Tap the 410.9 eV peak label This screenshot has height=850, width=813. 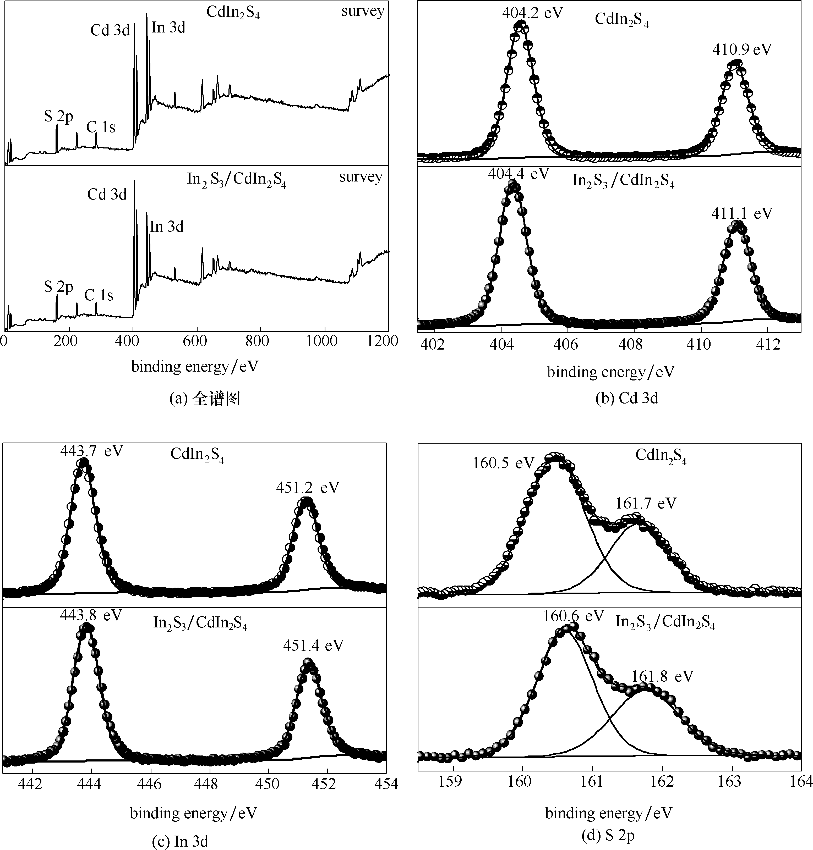pyautogui.click(x=742, y=50)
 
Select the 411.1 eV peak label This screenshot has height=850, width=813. pyautogui.click(x=742, y=214)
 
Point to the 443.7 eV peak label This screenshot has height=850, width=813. pyautogui.click(x=91, y=451)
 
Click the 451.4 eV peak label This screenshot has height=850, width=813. pyautogui.click(x=313, y=645)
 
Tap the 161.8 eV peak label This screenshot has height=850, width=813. pyautogui.click(x=662, y=676)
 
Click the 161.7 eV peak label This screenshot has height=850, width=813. pyautogui.click(x=646, y=503)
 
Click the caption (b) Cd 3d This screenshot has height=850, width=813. pyautogui.click(x=627, y=398)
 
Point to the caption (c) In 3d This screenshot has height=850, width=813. pyautogui.click(x=180, y=841)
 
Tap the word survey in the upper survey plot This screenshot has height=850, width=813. pyautogui.click(x=363, y=11)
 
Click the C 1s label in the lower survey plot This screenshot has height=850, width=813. pyautogui.click(x=98, y=295)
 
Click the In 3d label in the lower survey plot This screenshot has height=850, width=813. pyautogui.click(x=167, y=227)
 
